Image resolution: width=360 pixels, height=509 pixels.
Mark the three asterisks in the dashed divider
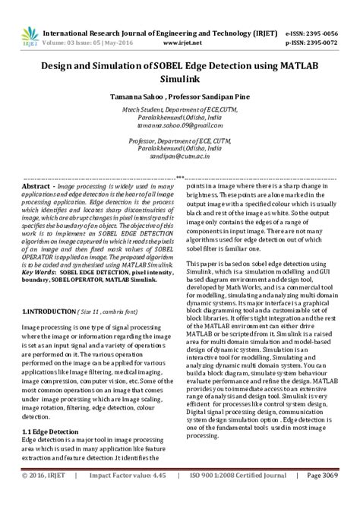click(180, 178)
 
